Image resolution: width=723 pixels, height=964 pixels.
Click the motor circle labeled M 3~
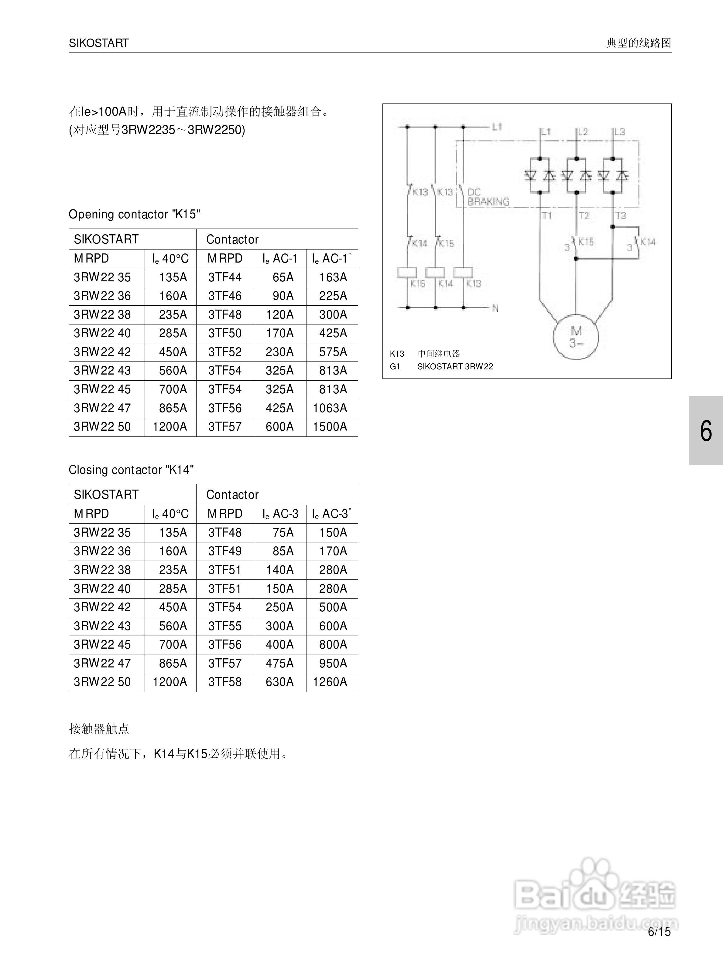click(576, 337)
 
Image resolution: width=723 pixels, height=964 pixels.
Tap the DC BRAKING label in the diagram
click(488, 197)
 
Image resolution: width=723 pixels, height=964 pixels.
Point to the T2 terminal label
click(584, 215)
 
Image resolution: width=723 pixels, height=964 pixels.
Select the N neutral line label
click(495, 308)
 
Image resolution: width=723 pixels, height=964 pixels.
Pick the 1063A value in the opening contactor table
click(330, 408)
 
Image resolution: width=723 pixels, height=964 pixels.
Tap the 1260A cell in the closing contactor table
click(330, 682)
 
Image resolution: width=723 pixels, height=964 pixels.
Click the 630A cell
click(279, 682)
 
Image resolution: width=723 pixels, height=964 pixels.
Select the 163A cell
click(333, 277)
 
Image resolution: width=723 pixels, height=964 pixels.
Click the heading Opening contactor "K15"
click(134, 214)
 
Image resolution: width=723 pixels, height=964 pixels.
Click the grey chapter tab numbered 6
click(706, 431)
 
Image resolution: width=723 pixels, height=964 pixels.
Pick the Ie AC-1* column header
click(331, 258)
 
